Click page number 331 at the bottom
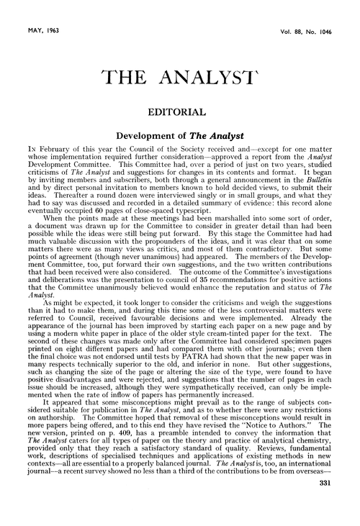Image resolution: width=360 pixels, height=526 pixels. click(x=341, y=504)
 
